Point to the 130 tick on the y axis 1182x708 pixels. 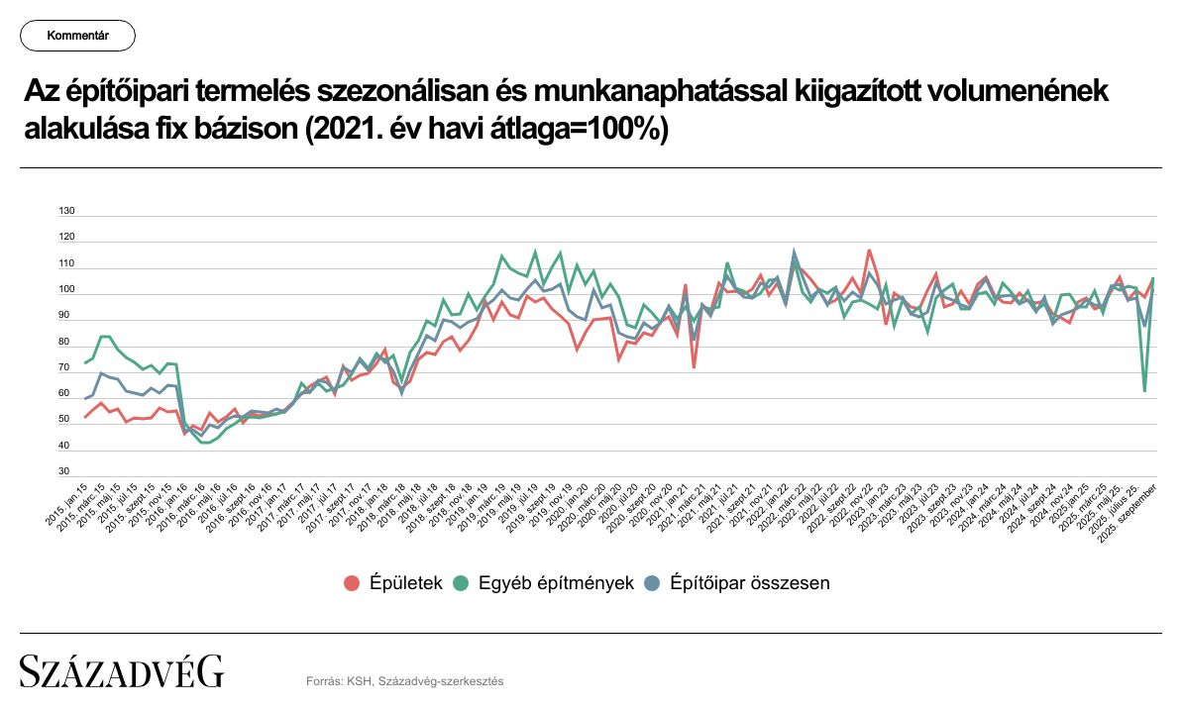pyautogui.click(x=67, y=211)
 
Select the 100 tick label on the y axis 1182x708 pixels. pyautogui.click(x=67, y=289)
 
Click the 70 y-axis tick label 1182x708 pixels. pyautogui.click(x=65, y=367)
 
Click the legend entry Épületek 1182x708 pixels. pyautogui.click(x=404, y=582)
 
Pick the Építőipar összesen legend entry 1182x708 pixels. pyautogui.click(x=750, y=582)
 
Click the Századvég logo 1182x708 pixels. pyautogui.click(x=122, y=670)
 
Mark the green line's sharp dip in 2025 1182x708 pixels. pyautogui.click(x=1144, y=391)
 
